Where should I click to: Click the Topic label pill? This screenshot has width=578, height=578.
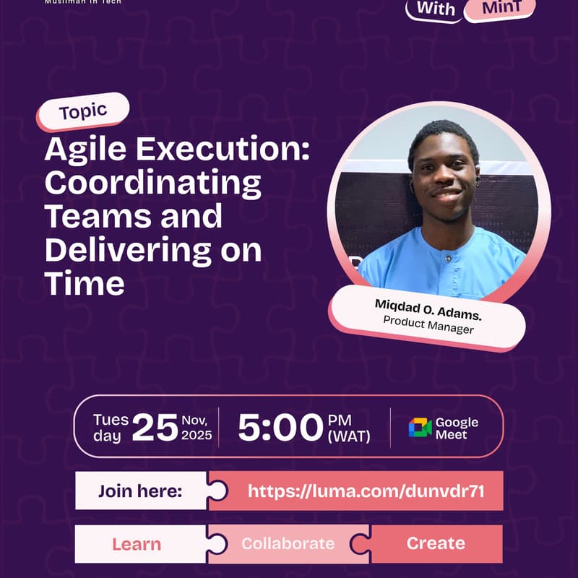(84, 112)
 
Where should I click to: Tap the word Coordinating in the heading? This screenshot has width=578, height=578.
(152, 183)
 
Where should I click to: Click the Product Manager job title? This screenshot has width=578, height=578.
(428, 324)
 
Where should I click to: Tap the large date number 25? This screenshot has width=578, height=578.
(155, 428)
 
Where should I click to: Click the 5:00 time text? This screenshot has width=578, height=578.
(280, 428)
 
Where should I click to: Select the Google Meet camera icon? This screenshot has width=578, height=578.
(420, 428)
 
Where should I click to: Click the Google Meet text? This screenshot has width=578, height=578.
(457, 428)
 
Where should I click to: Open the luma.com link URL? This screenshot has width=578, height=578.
(366, 491)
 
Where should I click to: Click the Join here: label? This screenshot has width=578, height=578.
(140, 491)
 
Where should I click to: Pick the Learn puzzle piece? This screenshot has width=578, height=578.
(137, 544)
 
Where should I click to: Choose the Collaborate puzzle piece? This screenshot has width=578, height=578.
(288, 544)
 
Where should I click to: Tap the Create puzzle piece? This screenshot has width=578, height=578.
(436, 544)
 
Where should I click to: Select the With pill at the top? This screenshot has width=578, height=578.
(436, 9)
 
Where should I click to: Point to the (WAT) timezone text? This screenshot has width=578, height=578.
(349, 436)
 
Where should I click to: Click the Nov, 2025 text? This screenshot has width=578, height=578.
(197, 428)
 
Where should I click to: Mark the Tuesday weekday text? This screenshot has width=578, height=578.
(111, 428)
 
